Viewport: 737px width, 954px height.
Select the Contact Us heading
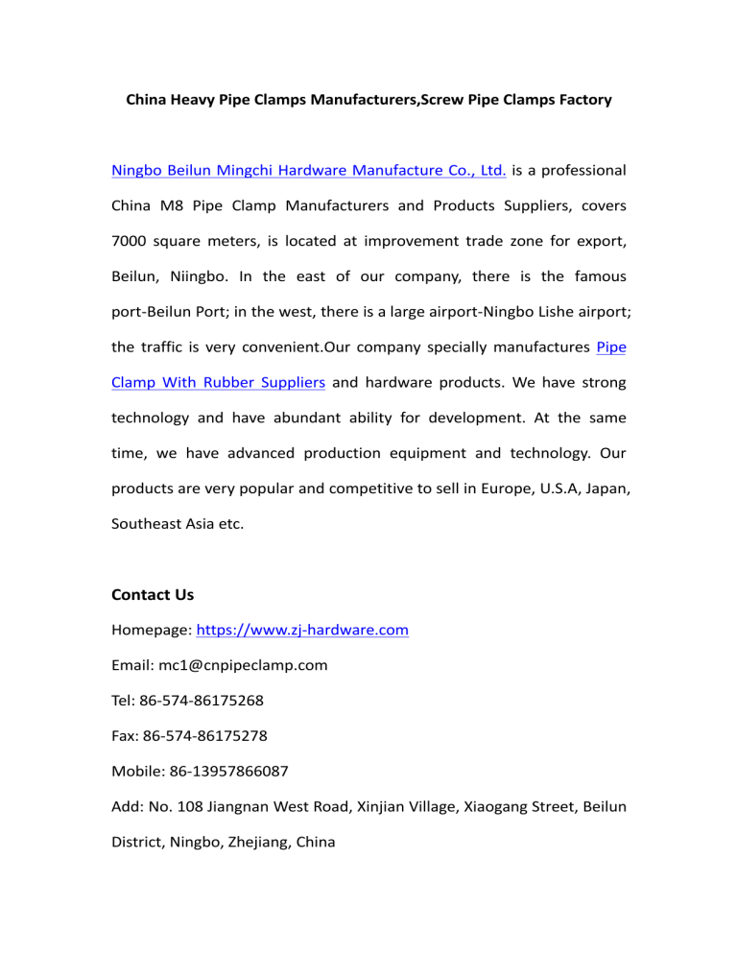(153, 595)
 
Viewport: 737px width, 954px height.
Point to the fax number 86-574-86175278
(204, 737)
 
